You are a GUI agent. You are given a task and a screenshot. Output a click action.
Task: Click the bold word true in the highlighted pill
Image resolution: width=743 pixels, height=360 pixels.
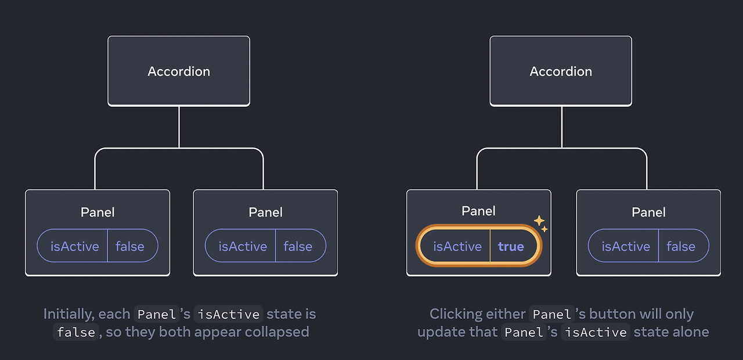point(511,247)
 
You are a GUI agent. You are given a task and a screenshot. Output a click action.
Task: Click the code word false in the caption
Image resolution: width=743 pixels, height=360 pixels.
point(74,333)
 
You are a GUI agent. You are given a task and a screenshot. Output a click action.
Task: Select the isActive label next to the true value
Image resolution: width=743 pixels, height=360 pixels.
point(457,247)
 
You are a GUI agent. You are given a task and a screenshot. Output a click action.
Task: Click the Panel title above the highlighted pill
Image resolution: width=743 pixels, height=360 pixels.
point(478,211)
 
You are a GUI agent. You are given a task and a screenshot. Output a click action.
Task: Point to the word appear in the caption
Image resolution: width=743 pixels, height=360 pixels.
point(225,332)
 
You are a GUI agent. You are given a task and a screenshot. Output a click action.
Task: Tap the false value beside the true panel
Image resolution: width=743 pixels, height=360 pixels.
point(681,247)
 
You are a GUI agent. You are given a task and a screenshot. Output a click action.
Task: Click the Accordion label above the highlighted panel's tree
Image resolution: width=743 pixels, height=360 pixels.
point(561,71)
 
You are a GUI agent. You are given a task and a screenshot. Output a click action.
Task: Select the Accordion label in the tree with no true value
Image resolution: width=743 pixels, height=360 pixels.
point(179,71)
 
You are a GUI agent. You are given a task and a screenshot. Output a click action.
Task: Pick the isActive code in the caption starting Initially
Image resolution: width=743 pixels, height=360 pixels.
point(228,315)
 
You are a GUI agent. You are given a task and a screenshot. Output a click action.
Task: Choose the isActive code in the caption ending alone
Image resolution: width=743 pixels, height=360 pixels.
point(596,333)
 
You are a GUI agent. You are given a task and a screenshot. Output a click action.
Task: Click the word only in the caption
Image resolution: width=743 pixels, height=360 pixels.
point(679,314)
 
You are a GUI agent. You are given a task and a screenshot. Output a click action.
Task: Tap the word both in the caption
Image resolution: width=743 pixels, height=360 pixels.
point(182,332)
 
